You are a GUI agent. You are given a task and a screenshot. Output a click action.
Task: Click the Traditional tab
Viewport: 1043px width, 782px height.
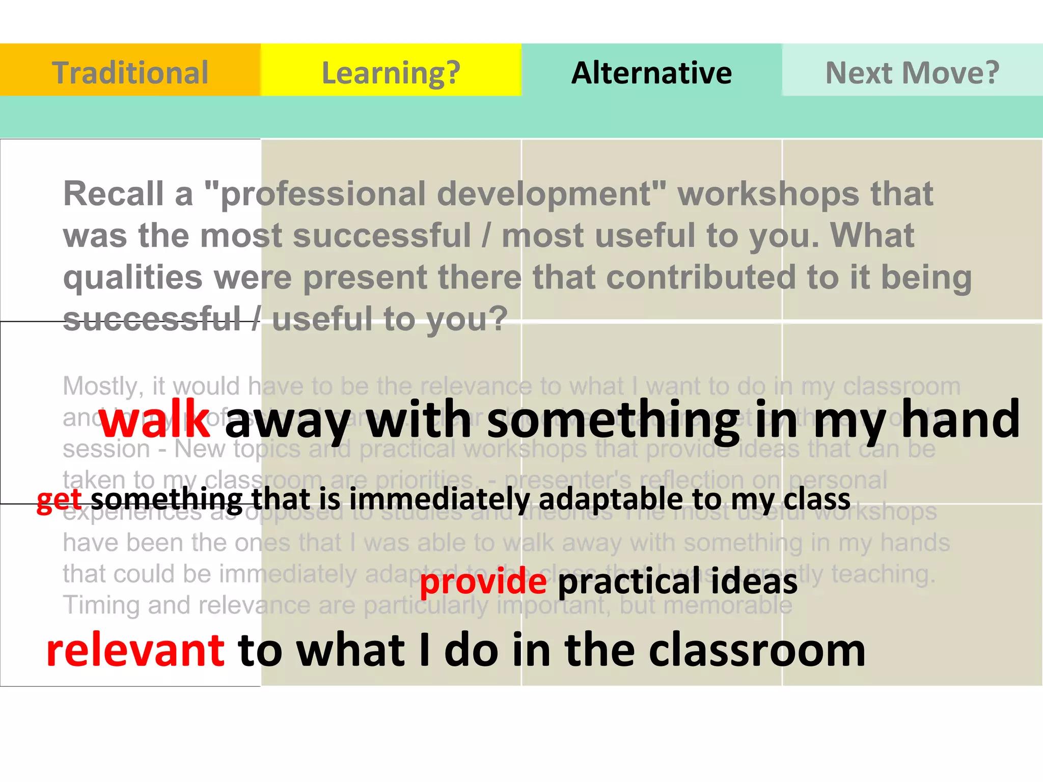click(130, 72)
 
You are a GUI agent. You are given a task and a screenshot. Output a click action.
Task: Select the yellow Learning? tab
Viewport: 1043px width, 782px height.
click(391, 72)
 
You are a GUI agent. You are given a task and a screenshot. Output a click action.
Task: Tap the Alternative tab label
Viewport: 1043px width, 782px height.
click(651, 72)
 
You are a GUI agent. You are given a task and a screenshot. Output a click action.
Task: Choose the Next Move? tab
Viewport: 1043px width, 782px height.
click(912, 72)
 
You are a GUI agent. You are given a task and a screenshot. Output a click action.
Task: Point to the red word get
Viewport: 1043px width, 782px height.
click(59, 499)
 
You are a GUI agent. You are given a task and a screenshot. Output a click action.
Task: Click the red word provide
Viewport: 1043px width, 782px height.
click(483, 581)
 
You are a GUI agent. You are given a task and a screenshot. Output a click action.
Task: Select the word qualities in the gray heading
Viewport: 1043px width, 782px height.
click(133, 278)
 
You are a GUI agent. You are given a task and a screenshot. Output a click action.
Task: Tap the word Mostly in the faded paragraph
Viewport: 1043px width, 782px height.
click(100, 386)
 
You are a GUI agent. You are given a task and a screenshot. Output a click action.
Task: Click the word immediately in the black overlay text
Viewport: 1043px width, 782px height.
click(440, 499)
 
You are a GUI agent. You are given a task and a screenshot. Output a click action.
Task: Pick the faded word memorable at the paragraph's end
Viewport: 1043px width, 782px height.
click(728, 605)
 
